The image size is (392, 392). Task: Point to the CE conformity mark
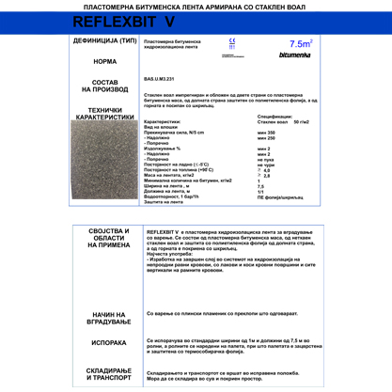tap(231, 43)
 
